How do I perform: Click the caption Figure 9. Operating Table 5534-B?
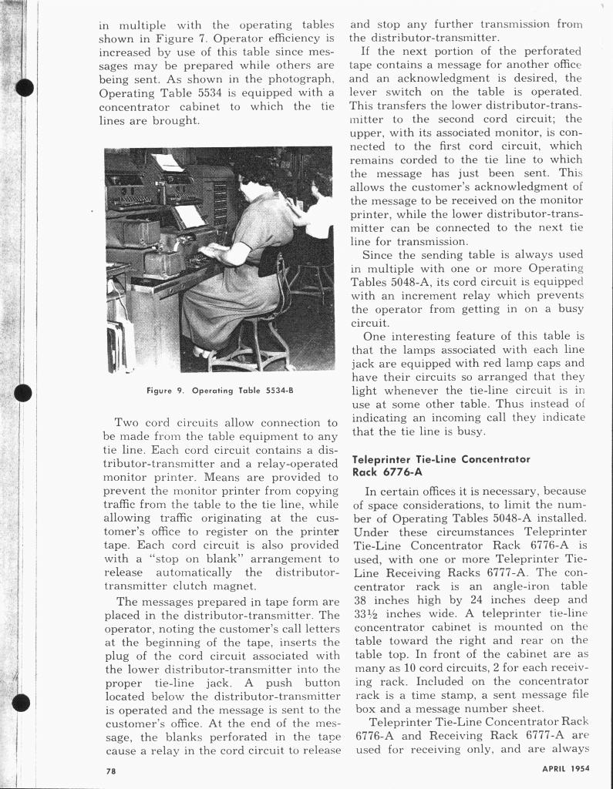(x=220, y=391)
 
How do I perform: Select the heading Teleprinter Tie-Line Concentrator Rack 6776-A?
(x=441, y=465)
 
